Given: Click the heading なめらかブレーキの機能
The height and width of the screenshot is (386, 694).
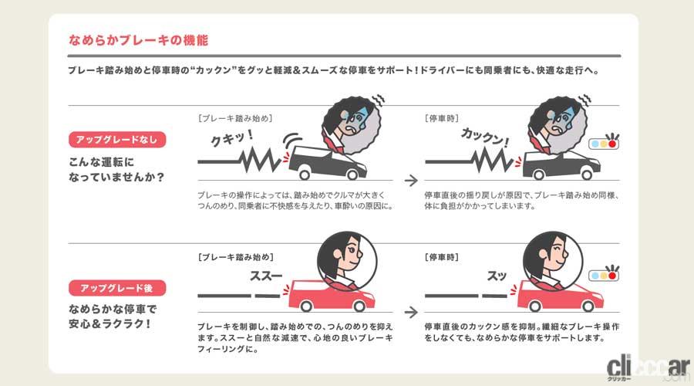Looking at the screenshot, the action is click(138, 40).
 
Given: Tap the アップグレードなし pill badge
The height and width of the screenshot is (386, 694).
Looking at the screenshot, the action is click(117, 140).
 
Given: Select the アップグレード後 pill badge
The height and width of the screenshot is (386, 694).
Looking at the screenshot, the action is click(117, 288).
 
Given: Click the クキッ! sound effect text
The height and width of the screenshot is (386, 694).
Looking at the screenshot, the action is click(232, 138).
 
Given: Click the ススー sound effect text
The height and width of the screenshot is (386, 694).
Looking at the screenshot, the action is click(266, 276).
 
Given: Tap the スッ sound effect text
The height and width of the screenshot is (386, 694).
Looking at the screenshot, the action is click(497, 276).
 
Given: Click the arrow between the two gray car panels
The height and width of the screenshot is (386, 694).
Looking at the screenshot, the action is click(411, 181).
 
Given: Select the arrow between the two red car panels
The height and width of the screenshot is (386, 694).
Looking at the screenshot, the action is click(411, 313).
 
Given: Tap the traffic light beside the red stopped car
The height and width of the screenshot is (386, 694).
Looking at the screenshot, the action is click(603, 275).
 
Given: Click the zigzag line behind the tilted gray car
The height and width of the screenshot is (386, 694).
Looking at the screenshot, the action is click(261, 160).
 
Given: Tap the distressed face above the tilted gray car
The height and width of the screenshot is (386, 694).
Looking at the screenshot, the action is click(352, 125).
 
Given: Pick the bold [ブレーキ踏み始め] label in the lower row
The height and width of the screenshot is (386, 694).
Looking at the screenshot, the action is click(235, 257).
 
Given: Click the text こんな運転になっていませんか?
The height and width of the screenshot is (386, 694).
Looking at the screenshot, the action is click(116, 169).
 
